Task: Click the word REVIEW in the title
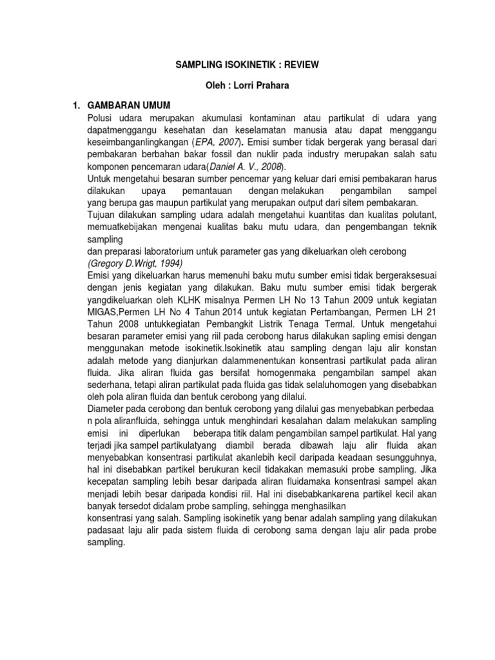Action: [x=298, y=65]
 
